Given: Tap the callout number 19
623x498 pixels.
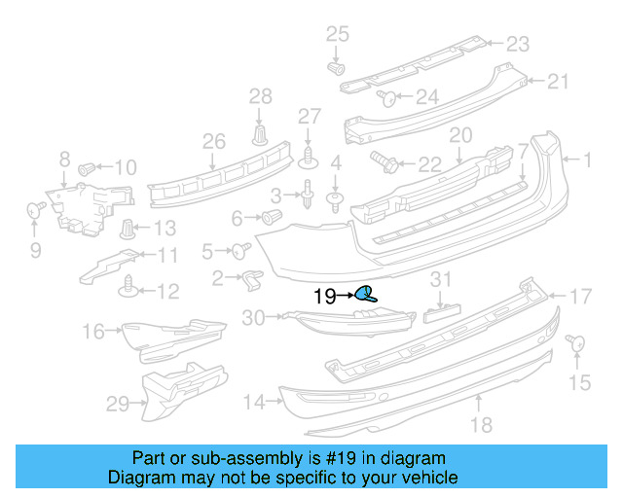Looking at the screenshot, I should (323, 296).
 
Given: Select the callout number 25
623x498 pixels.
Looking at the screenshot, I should (336, 35).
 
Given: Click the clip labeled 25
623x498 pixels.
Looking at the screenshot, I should (336, 69).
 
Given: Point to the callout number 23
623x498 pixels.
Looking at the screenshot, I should (517, 44).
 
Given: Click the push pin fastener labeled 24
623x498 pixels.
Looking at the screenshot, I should (385, 96).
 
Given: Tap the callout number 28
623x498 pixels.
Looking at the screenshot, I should (261, 95).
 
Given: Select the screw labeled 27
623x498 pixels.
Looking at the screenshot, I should (309, 153).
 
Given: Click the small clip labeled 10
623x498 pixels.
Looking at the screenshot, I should (86, 167).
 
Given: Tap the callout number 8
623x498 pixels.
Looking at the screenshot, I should (64, 159).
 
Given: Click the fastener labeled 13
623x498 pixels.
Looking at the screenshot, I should (128, 230).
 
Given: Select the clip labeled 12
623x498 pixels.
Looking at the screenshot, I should (128, 287).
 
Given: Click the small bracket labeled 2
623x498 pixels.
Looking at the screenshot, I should (251, 280).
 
